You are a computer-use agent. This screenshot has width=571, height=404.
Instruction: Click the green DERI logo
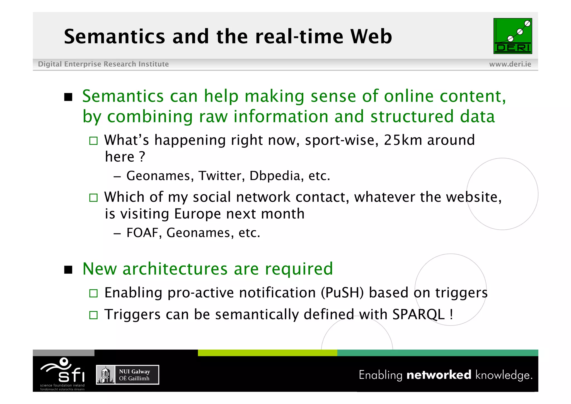tap(512, 36)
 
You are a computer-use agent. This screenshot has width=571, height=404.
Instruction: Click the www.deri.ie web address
tap(510, 64)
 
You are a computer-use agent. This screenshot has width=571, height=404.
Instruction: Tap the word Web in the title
tap(371, 37)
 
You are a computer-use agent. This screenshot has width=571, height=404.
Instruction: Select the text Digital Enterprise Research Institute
tap(103, 64)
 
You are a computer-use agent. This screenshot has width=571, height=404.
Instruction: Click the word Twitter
tap(222, 176)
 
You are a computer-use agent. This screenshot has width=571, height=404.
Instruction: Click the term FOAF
tap(142, 233)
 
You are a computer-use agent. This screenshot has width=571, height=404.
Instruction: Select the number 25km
tap(403, 140)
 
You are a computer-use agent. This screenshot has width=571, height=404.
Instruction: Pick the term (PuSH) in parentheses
tap(342, 293)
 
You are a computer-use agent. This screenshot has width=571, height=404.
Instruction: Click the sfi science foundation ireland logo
tap(63, 374)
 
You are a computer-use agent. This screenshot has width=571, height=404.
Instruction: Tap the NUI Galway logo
tap(127, 375)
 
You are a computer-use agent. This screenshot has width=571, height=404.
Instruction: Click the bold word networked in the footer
tap(439, 375)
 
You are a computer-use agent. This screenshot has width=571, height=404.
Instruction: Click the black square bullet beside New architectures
tap(68, 270)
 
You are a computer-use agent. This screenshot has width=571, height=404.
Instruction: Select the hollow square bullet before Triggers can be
tap(93, 315)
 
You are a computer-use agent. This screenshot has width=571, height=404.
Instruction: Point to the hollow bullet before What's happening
tap(93, 140)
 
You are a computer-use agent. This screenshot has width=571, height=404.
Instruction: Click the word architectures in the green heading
tap(175, 269)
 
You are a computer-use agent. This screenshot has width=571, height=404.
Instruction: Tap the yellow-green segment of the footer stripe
tap(267, 353)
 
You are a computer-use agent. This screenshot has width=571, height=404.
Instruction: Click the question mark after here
tap(142, 157)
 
